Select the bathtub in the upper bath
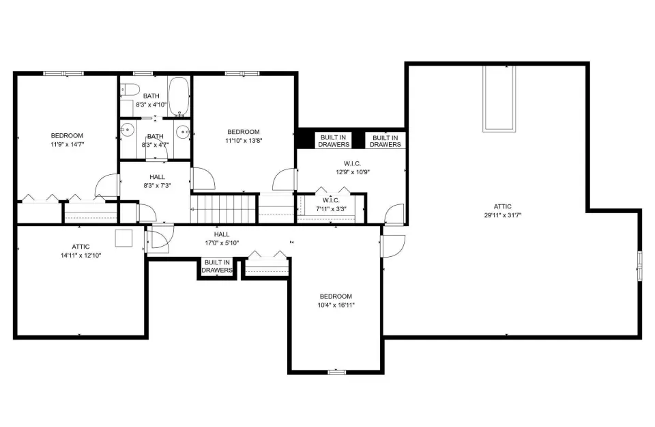(x=179, y=96)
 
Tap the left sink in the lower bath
(x=127, y=130)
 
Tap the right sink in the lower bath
(x=183, y=132)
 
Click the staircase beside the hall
(x=223, y=208)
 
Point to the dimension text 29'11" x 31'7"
(x=503, y=215)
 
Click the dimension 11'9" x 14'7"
(x=67, y=144)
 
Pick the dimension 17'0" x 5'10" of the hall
(x=222, y=243)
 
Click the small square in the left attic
(x=123, y=238)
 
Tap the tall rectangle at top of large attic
(x=499, y=98)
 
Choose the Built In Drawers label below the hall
(x=217, y=266)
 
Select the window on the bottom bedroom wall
(x=336, y=372)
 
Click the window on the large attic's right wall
(x=639, y=266)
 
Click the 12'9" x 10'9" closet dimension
(x=353, y=172)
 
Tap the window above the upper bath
(x=143, y=74)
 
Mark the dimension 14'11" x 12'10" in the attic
(x=81, y=256)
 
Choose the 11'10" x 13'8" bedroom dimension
(x=244, y=141)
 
